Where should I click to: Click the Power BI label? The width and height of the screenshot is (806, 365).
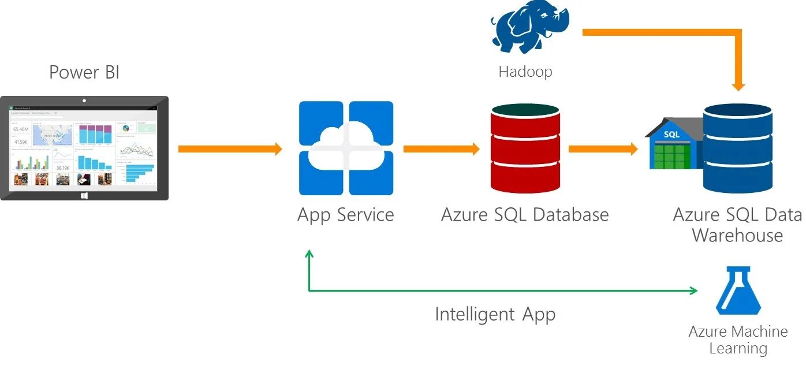(x=84, y=72)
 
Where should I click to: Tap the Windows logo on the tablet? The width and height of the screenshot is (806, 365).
(x=84, y=195)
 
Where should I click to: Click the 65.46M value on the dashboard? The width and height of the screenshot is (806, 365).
(x=21, y=129)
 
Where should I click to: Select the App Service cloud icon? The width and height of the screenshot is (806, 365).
(x=346, y=148)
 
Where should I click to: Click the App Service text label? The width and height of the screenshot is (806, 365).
(x=345, y=215)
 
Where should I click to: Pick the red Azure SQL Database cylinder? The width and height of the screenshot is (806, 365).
(x=525, y=148)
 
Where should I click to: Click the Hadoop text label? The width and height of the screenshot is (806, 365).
(x=525, y=72)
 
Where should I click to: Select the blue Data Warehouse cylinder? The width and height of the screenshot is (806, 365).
(x=737, y=148)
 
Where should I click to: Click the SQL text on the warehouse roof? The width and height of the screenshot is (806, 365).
(x=671, y=134)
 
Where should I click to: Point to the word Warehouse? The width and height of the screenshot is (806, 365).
(x=737, y=236)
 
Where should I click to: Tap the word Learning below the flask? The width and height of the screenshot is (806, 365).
(x=738, y=349)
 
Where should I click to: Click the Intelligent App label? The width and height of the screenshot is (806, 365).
(x=495, y=315)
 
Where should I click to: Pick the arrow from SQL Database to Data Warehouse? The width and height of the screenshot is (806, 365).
(x=603, y=149)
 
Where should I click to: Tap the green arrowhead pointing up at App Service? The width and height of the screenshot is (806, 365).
(x=309, y=254)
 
